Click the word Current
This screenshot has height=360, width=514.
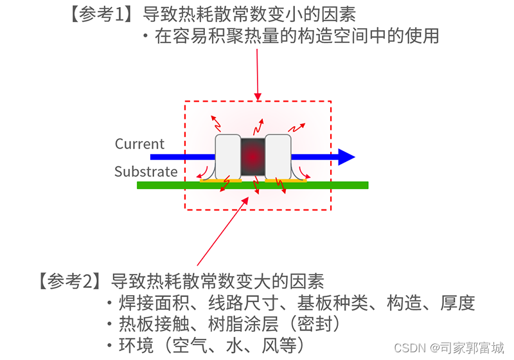[139, 144]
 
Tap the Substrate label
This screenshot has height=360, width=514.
[146, 172]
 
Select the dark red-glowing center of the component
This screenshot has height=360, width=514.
[253, 156]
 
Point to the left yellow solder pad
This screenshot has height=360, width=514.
[220, 181]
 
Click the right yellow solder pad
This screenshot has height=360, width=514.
[287, 181]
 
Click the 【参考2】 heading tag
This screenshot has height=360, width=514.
[67, 281]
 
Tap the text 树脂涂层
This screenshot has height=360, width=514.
[244, 323]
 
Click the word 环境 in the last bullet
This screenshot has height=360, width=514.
[136, 346]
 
